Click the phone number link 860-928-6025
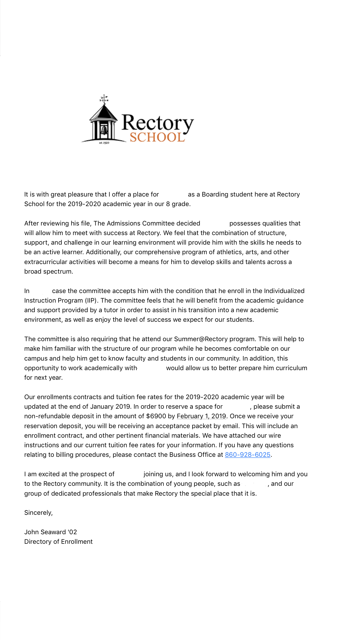pyautogui.click(x=248, y=454)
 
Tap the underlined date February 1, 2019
pyautogui.click(x=201, y=416)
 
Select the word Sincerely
pyautogui.click(x=38, y=512)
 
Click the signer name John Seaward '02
pyautogui.click(x=50, y=532)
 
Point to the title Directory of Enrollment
pyautogui.click(x=58, y=541)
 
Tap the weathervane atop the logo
pyautogui.click(x=104, y=99)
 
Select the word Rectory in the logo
pyautogui.click(x=157, y=123)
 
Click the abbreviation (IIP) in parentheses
pyautogui.click(x=90, y=300)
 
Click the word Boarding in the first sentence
pyautogui.click(x=215, y=194)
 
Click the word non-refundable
pyautogui.click(x=47, y=416)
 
